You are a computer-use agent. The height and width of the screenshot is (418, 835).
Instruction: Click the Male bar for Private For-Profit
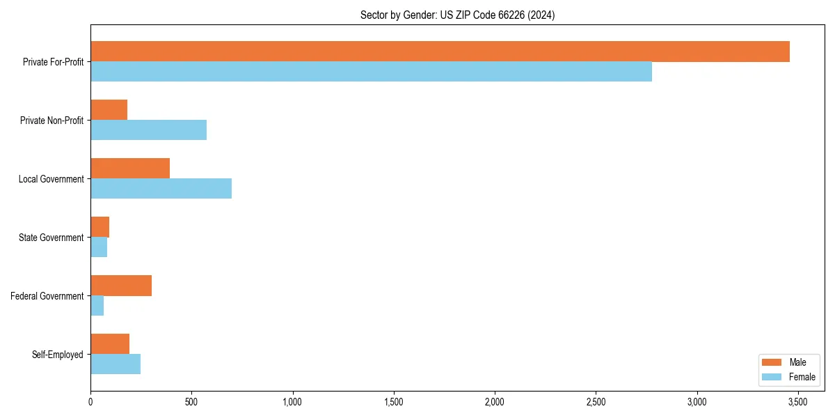[440, 52]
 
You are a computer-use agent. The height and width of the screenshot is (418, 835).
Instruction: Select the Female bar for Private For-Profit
[371, 72]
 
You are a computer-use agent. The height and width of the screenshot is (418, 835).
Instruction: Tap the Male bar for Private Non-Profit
[109, 110]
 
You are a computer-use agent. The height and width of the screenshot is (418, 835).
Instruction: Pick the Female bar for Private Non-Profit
[148, 130]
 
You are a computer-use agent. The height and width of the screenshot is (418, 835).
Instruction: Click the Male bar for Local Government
[130, 169]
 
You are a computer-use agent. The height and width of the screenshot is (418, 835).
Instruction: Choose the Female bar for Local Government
[161, 189]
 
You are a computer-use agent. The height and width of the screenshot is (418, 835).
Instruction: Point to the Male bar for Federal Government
[121, 286]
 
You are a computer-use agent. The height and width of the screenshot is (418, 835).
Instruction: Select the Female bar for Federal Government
[97, 306]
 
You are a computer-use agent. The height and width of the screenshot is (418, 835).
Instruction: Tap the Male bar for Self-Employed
[110, 344]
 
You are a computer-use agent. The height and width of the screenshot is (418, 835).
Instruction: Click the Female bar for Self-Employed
[116, 364]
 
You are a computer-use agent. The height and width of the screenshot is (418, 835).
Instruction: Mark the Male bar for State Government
[100, 227]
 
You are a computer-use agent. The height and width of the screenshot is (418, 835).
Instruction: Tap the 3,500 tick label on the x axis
[797, 402]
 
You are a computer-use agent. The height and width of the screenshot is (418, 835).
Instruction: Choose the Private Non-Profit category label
[51, 121]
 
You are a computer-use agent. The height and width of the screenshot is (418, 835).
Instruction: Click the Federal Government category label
[47, 296]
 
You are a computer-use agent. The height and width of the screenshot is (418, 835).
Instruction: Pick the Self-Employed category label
[58, 355]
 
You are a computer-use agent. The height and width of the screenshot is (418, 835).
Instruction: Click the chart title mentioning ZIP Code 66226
[457, 15]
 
